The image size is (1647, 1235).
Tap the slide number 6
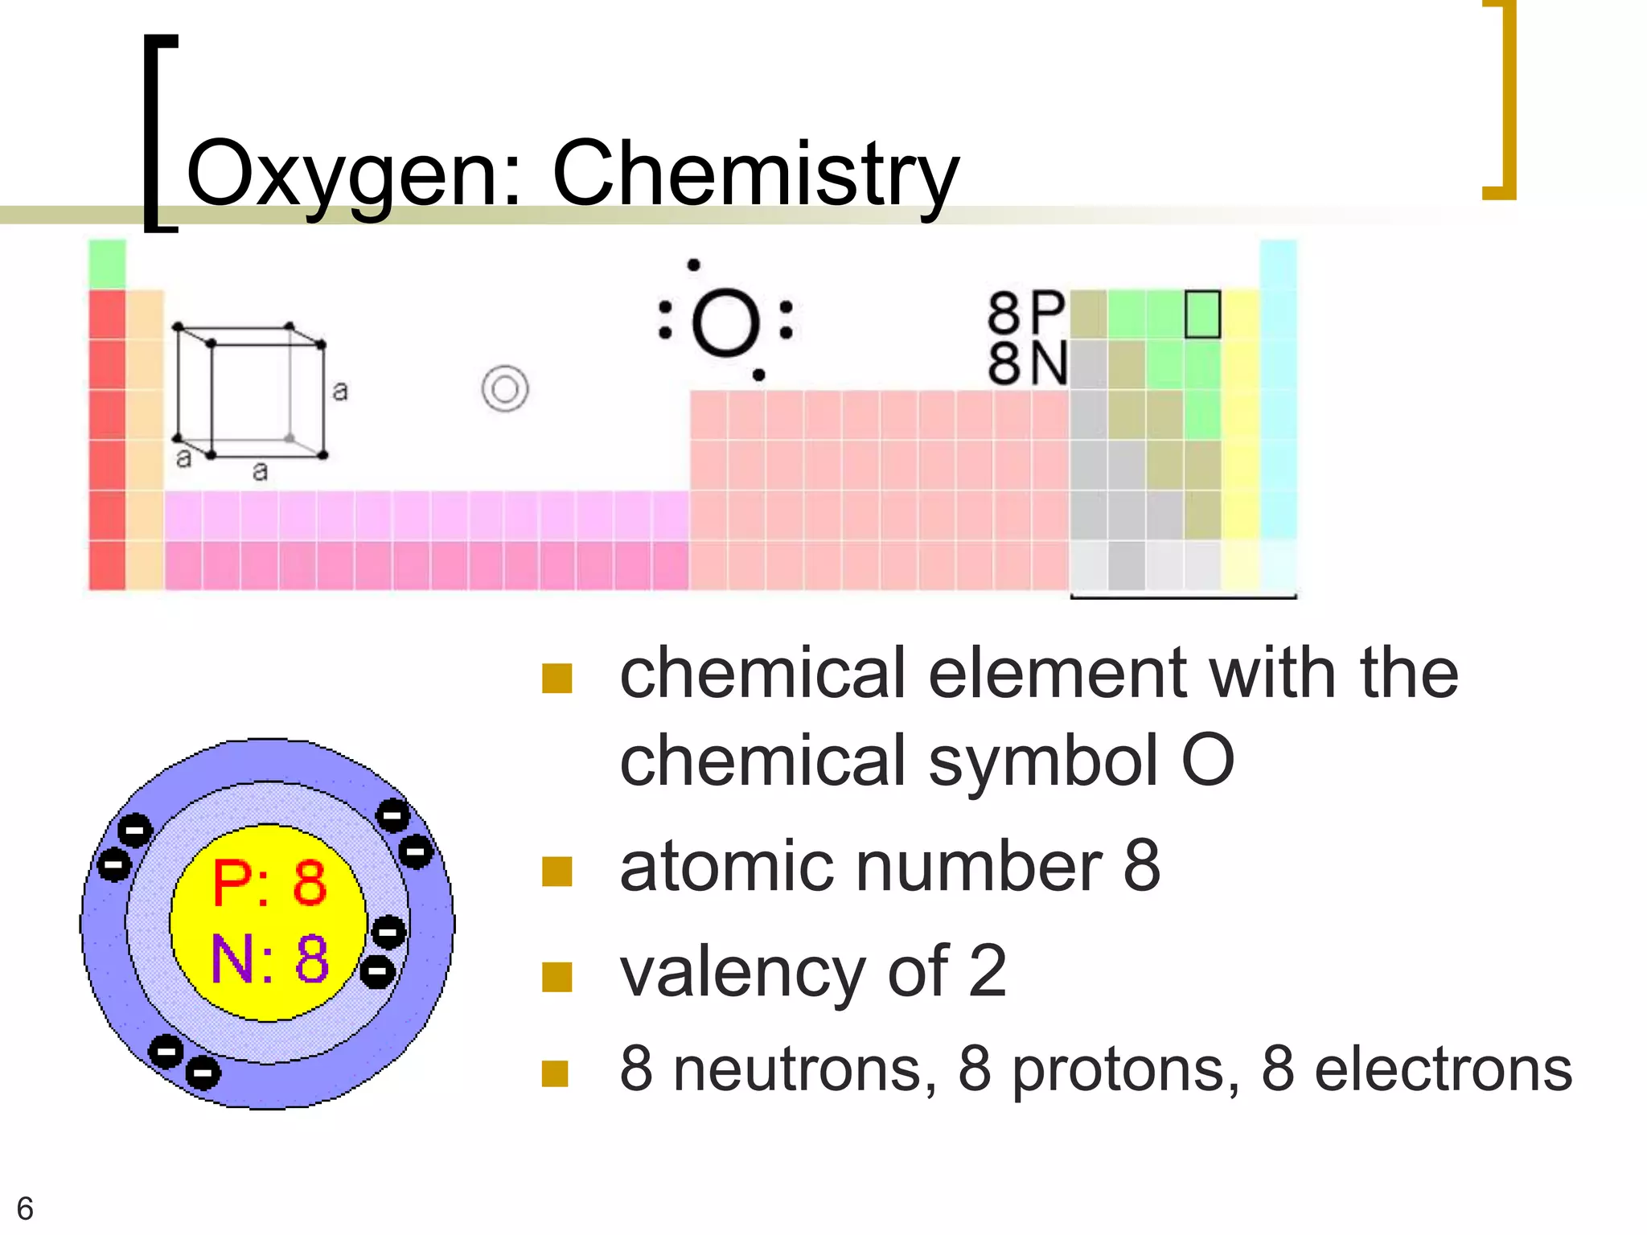coord(25,1208)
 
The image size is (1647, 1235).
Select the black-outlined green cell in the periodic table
coord(1202,314)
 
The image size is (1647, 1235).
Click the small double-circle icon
coord(505,389)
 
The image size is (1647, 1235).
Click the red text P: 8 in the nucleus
coord(269,883)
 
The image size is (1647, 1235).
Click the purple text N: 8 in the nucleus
coord(269,958)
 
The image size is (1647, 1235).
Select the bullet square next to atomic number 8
coord(557,871)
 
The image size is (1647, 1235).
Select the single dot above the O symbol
coord(693,265)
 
